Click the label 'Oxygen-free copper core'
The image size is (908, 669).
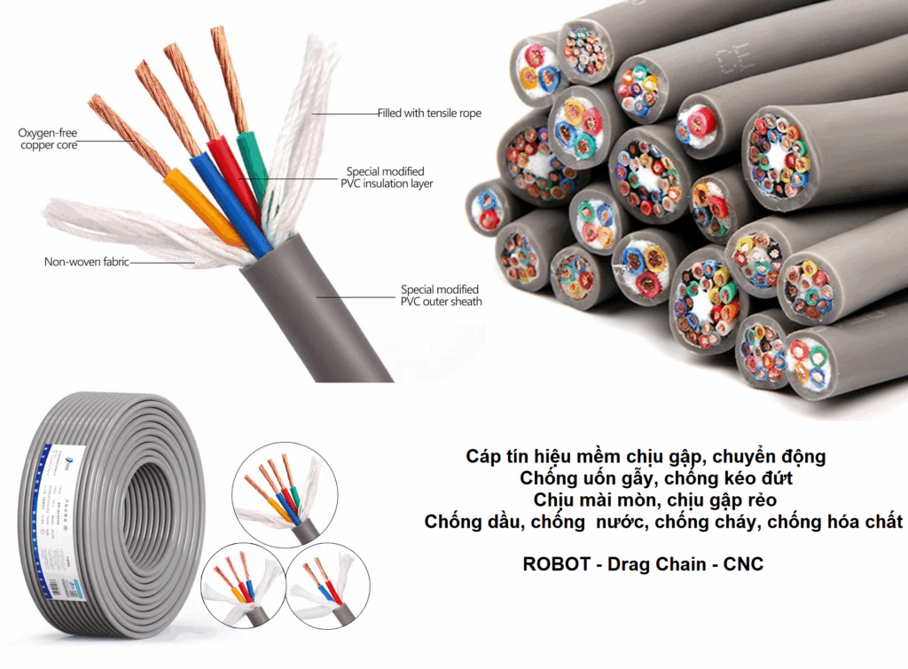pos(48,139)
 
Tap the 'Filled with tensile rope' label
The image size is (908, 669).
pos(429,114)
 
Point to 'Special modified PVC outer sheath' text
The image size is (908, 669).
pos(440,295)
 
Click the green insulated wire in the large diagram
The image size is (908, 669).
pos(254,169)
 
